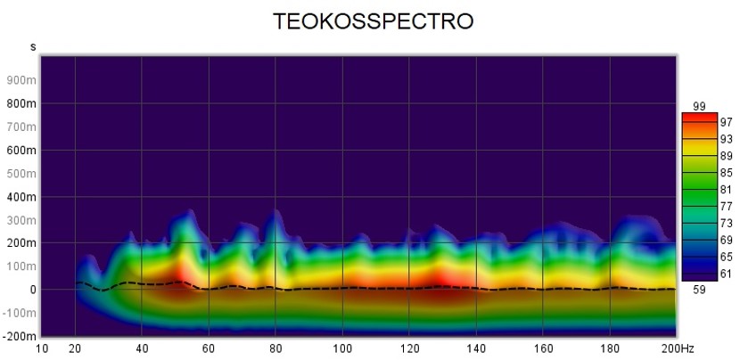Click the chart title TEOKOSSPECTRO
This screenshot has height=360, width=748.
(372, 21)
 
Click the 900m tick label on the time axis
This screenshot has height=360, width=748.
(21, 80)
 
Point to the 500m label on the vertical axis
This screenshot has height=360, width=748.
(21, 173)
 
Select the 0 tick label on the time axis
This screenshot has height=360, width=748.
(32, 290)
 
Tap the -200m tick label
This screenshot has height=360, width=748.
(19, 336)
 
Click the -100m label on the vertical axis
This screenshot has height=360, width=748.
(19, 313)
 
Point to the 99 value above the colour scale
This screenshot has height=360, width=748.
(698, 107)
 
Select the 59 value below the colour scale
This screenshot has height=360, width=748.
(698, 289)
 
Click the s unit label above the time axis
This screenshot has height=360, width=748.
(33, 45)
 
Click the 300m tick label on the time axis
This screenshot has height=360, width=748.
(21, 219)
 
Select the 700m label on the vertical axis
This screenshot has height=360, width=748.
(21, 127)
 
